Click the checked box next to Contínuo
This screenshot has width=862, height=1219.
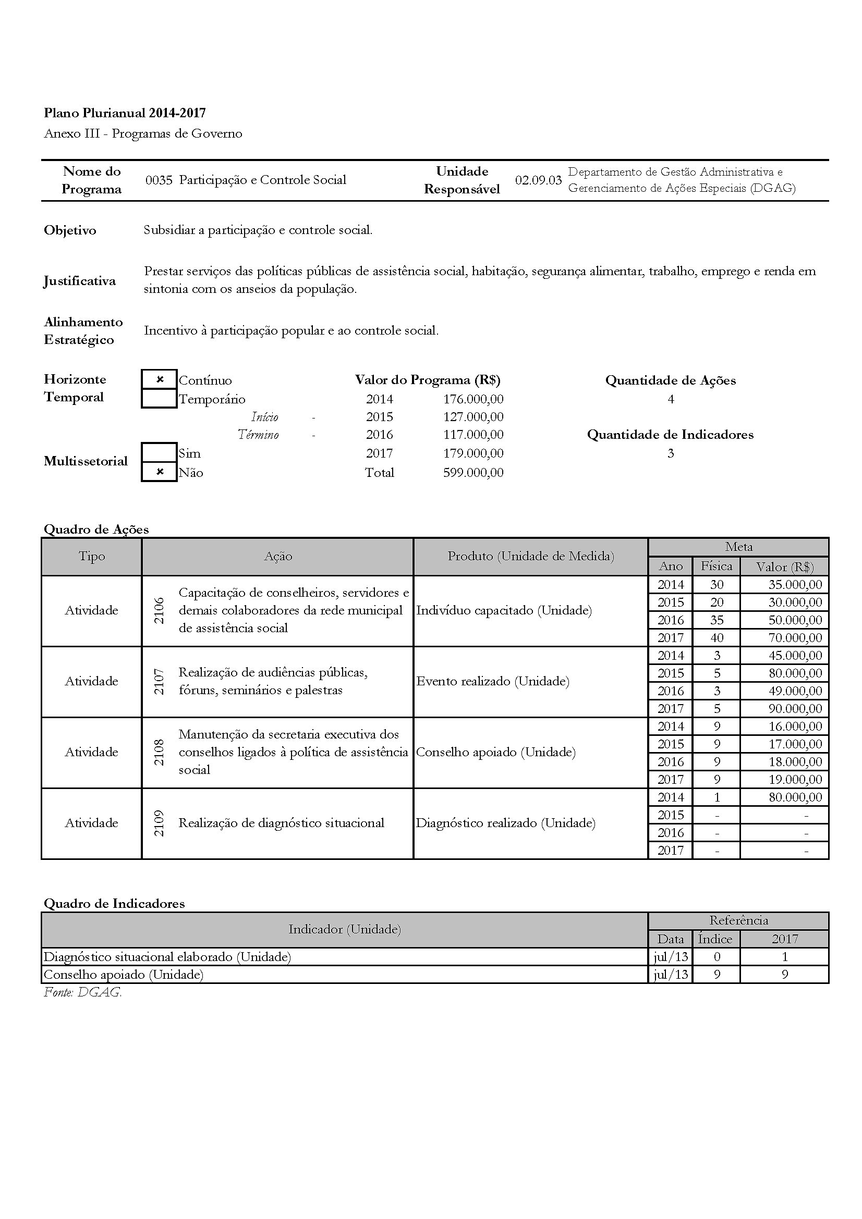tap(160, 379)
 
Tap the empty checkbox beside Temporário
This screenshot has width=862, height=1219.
tap(160, 398)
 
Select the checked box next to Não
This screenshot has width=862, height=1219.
tap(160, 472)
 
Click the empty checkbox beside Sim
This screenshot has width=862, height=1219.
tap(160, 453)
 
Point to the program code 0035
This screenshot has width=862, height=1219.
tap(159, 180)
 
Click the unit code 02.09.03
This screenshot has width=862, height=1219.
tap(538, 180)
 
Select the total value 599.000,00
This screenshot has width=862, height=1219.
tap(473, 473)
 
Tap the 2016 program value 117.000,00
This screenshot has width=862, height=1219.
tap(473, 435)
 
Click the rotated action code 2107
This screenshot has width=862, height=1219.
tap(159, 681)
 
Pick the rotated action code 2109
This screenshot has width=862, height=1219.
tap(159, 823)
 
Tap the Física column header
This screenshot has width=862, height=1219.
tap(717, 567)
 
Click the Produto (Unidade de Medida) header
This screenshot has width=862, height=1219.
tap(530, 557)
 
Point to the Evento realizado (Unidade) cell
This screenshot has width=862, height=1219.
tap(493, 681)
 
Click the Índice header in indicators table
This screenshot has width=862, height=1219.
tap(715, 939)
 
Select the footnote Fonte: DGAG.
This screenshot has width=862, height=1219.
tap(83, 992)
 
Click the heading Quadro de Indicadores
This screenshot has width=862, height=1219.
tap(114, 904)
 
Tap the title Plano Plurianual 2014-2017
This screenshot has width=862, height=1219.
tap(125, 113)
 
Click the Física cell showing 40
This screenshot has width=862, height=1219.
tap(717, 637)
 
